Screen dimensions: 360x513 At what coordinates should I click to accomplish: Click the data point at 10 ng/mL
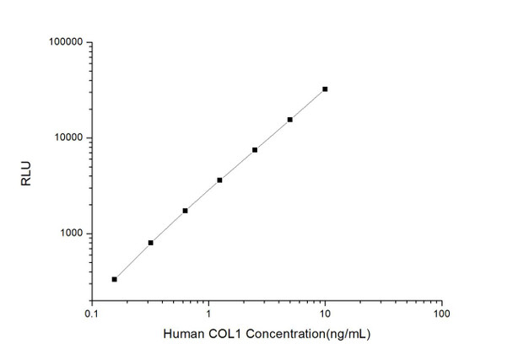tap(325, 89)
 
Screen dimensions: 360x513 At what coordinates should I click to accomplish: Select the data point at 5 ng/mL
tap(290, 120)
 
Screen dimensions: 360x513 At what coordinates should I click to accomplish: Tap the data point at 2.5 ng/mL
tap(255, 150)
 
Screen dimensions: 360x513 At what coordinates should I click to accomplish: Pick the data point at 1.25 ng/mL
tap(220, 180)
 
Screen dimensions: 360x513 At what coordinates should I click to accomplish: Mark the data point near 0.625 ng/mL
tap(185, 211)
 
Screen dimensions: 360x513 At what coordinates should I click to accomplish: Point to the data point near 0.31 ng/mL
tap(150, 243)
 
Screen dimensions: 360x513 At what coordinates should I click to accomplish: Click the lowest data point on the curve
tap(115, 279)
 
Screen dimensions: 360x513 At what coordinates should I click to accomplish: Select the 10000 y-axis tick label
tap(67, 137)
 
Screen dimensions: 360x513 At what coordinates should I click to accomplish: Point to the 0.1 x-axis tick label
tap(92, 313)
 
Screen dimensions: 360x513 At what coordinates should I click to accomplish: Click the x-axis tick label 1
tap(208, 313)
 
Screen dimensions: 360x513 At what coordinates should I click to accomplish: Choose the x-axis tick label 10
tap(325, 313)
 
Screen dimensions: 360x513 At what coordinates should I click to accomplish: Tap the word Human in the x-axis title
tap(181, 336)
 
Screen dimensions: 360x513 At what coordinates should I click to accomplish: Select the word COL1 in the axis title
tap(220, 336)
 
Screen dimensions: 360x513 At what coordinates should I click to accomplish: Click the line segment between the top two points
tap(308, 104)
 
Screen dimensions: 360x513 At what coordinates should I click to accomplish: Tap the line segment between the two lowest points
tap(132, 261)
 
